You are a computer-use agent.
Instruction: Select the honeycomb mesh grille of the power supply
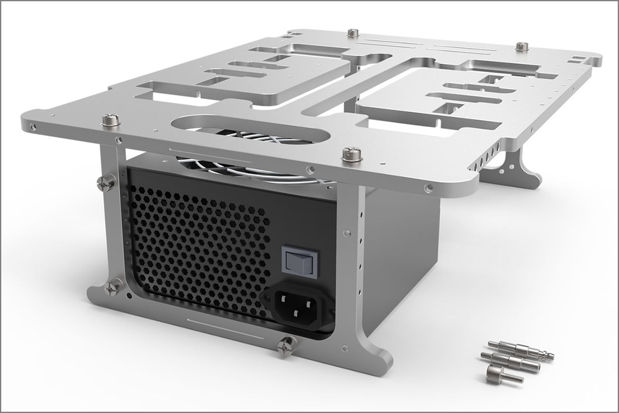194,240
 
